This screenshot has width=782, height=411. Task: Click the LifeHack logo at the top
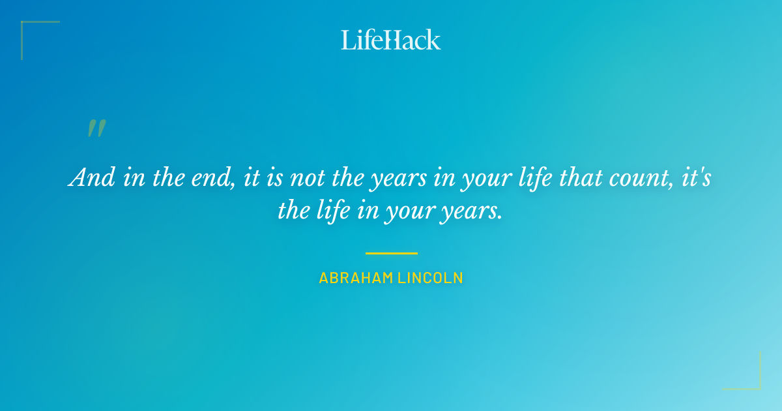391,40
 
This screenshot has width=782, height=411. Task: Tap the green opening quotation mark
96,129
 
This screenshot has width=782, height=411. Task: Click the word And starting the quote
92,177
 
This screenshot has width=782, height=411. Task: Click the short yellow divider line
391,253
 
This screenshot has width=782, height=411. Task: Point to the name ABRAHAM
356,278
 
